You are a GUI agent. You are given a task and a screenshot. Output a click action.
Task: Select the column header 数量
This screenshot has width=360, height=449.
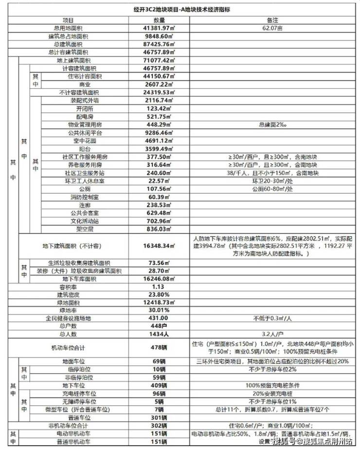point(160,20)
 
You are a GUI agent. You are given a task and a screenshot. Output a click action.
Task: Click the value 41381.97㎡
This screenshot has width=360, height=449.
point(160,28)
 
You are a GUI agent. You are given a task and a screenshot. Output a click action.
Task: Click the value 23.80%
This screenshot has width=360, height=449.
point(160,295)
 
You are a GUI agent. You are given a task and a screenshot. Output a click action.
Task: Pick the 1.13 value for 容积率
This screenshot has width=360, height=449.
point(160,287)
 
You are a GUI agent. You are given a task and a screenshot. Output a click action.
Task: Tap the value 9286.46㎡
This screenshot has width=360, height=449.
point(160,132)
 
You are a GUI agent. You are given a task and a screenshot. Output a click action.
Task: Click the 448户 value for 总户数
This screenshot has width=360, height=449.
point(160,326)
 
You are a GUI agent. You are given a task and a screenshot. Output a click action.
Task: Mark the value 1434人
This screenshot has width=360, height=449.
point(160,334)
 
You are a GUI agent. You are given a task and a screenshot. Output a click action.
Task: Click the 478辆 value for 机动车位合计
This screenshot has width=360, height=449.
point(160,348)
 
